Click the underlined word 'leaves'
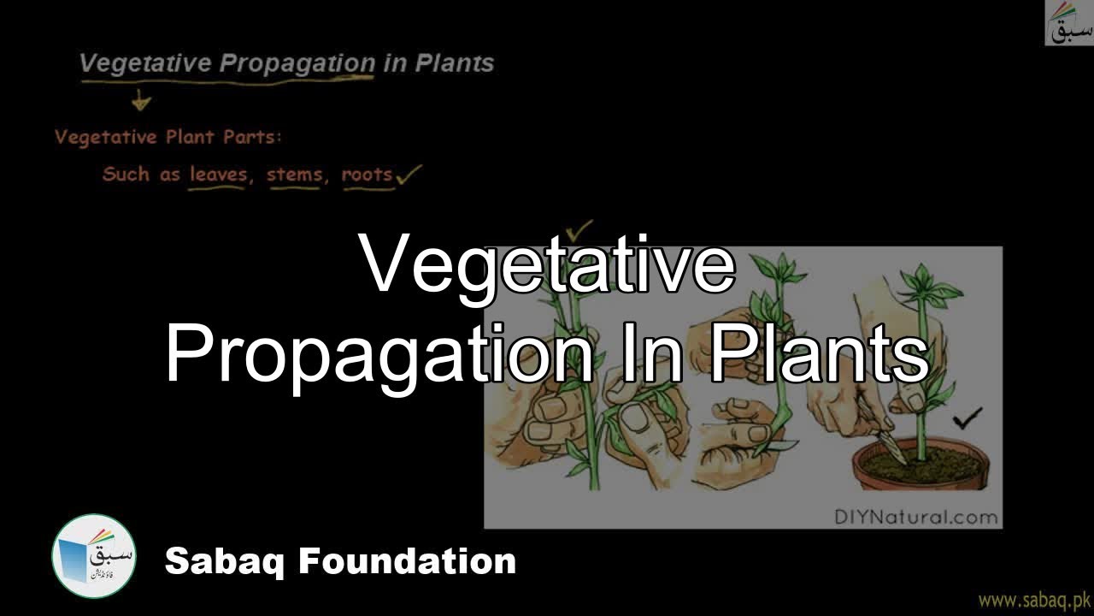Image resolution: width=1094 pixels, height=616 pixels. coord(217,175)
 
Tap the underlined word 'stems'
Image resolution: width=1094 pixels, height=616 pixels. coord(294,175)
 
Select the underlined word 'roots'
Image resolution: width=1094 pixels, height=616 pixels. coord(367,175)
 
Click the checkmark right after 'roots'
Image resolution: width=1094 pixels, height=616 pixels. coord(409,175)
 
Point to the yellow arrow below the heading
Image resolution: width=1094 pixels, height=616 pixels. coord(141,101)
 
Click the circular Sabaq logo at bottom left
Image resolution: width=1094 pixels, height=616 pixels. coord(94,556)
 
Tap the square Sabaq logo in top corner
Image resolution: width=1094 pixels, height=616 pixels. coord(1068,23)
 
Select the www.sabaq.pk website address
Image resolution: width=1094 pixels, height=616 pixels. coord(1033,600)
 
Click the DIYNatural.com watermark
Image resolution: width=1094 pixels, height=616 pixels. coord(915,516)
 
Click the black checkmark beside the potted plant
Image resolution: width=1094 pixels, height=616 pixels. coord(968,418)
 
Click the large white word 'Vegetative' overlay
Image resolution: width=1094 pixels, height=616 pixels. coord(547,264)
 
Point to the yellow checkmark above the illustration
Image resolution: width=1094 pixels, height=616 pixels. coord(579,229)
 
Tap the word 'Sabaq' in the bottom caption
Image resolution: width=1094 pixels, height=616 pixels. coord(225,561)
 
